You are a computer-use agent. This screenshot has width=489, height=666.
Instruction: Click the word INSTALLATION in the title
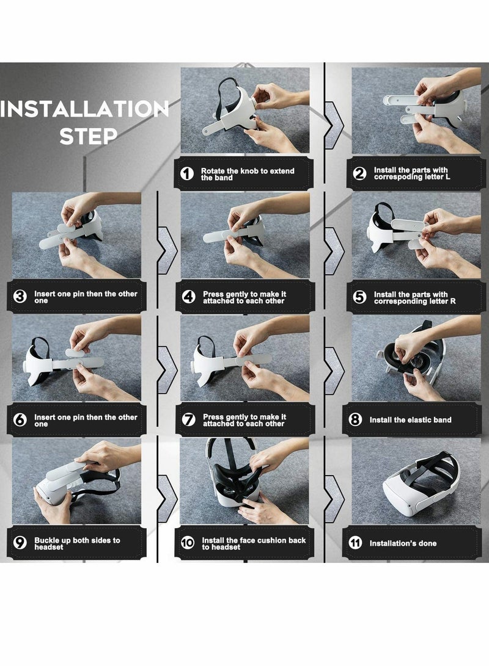coord(84,110)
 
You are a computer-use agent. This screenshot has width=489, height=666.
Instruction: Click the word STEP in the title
coord(89,136)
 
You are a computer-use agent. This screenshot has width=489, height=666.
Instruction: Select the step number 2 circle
coord(360,174)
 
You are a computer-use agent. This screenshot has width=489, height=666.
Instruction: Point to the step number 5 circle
coord(360,297)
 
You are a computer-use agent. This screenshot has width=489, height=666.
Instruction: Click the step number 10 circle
coord(188,543)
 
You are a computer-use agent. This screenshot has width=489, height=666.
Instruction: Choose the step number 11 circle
coord(356,543)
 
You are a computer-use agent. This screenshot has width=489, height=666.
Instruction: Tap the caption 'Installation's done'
coord(403,543)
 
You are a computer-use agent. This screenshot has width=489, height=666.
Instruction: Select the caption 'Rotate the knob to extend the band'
coord(247,174)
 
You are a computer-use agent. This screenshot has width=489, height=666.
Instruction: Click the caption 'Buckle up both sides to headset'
coord(77,543)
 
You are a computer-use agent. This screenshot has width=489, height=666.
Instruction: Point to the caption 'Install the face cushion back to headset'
coord(254,543)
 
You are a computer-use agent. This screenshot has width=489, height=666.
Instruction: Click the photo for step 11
coord(416,480)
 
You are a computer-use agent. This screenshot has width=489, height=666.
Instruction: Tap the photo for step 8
coord(416,358)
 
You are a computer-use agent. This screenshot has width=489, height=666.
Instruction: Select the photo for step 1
coord(245,110)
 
